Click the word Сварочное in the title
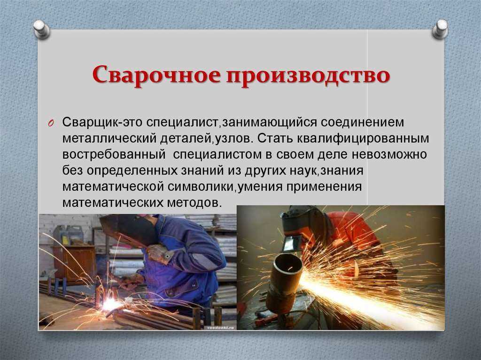tap(156, 75)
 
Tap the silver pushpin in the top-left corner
tap(42, 29)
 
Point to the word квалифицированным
tap(363, 139)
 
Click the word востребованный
tap(114, 154)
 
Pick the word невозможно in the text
tap(389, 154)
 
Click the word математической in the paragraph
tap(113, 187)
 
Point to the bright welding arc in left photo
tap(111, 305)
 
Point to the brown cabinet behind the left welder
tap(75, 263)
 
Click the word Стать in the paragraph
tap(274, 138)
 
